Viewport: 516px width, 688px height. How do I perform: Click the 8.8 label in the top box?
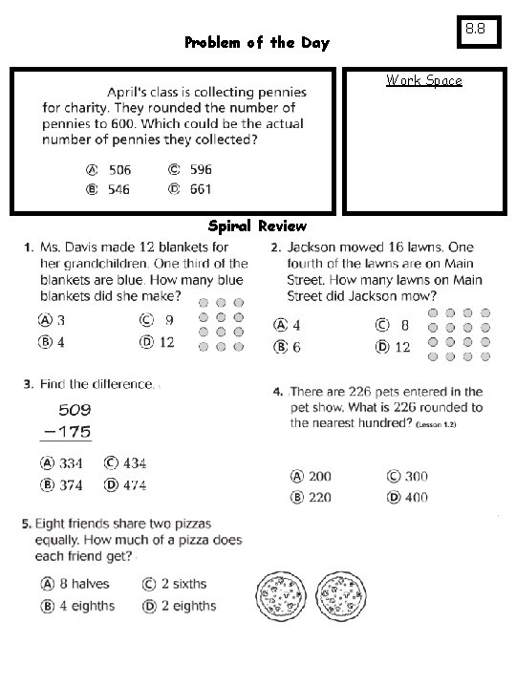pos(475,30)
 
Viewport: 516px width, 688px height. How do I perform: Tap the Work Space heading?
pos(423,80)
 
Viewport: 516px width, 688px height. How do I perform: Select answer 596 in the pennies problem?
pos(200,169)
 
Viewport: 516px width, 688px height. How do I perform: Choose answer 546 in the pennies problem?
pos(118,189)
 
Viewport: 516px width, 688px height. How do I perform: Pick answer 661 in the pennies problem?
pos(200,189)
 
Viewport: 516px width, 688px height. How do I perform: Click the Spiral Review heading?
pos(257,226)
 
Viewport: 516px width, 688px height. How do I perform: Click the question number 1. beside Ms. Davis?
pos(29,247)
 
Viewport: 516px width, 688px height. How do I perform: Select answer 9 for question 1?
pos(168,321)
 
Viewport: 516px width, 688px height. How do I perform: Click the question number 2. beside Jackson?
pos(276,247)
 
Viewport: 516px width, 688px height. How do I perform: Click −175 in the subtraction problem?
pos(67,432)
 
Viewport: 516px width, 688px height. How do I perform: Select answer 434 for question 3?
pos(133,463)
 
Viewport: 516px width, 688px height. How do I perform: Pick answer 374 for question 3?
pos(71,484)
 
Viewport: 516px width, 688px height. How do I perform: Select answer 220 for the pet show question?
pos(319,497)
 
